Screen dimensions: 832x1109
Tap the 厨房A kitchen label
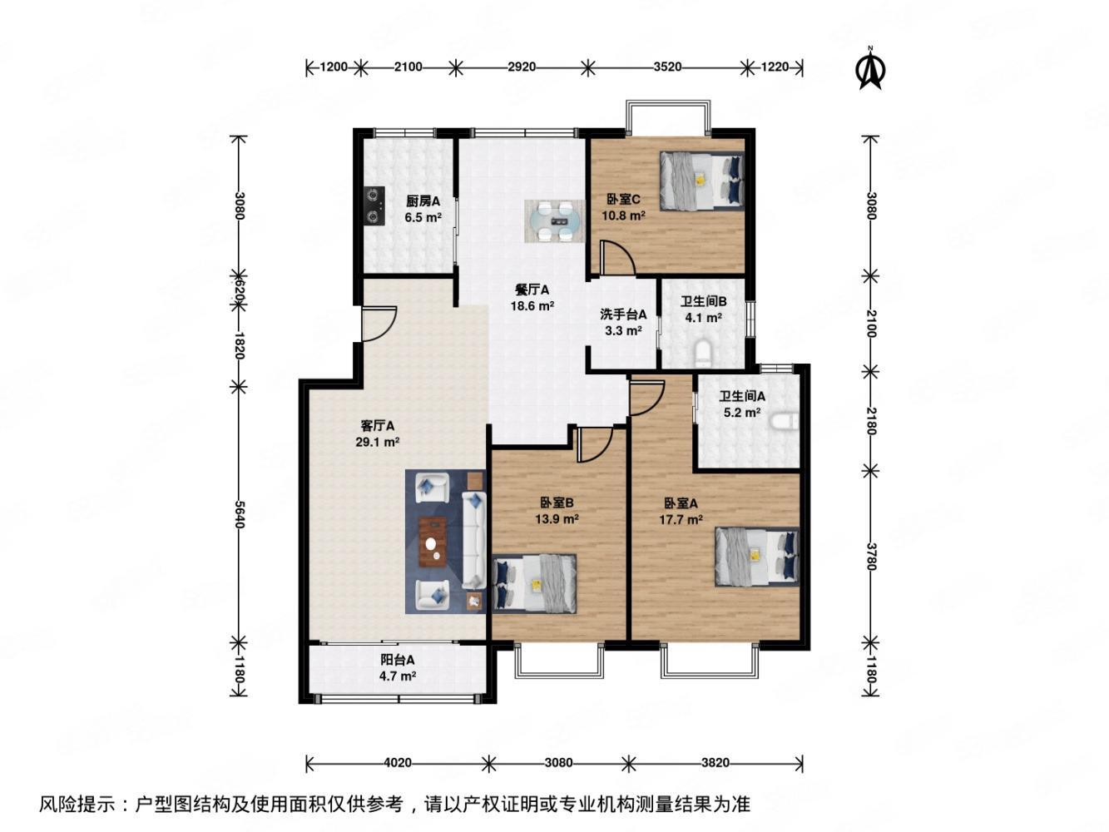(x=422, y=201)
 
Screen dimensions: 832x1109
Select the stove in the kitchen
(x=372, y=207)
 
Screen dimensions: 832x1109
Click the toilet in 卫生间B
(x=704, y=354)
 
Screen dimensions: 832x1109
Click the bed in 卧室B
(x=533, y=583)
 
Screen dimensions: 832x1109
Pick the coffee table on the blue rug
(x=433, y=541)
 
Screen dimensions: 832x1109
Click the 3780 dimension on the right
(x=870, y=556)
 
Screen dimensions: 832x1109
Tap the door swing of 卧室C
(x=616, y=256)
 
